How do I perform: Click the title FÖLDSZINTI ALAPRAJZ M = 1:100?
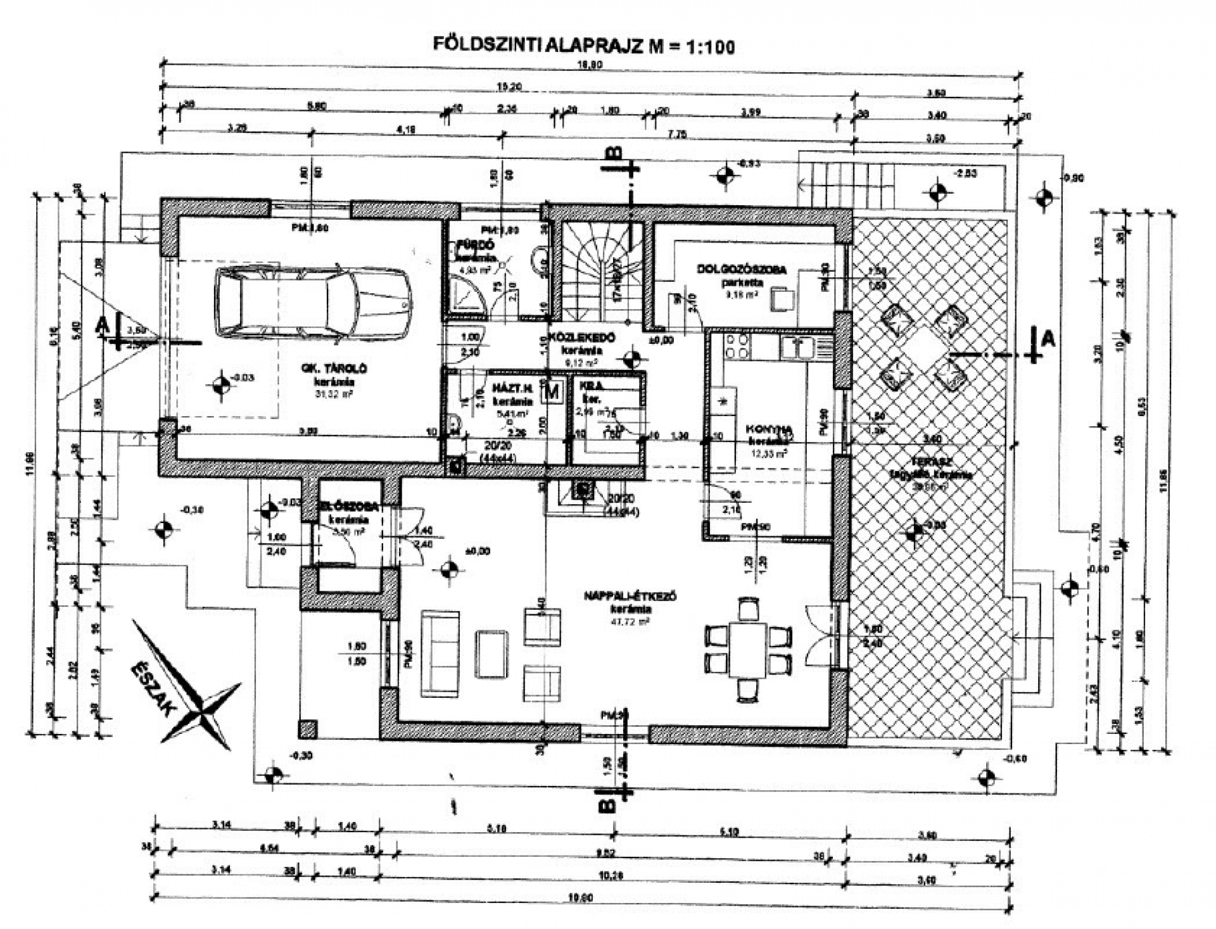(583, 46)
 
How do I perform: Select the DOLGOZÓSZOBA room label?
(742, 269)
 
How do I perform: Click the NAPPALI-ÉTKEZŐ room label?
(631, 596)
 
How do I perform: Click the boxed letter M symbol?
(552, 391)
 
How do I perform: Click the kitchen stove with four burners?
(737, 346)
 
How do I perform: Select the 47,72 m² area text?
(631, 622)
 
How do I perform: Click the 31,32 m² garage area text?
(334, 393)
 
